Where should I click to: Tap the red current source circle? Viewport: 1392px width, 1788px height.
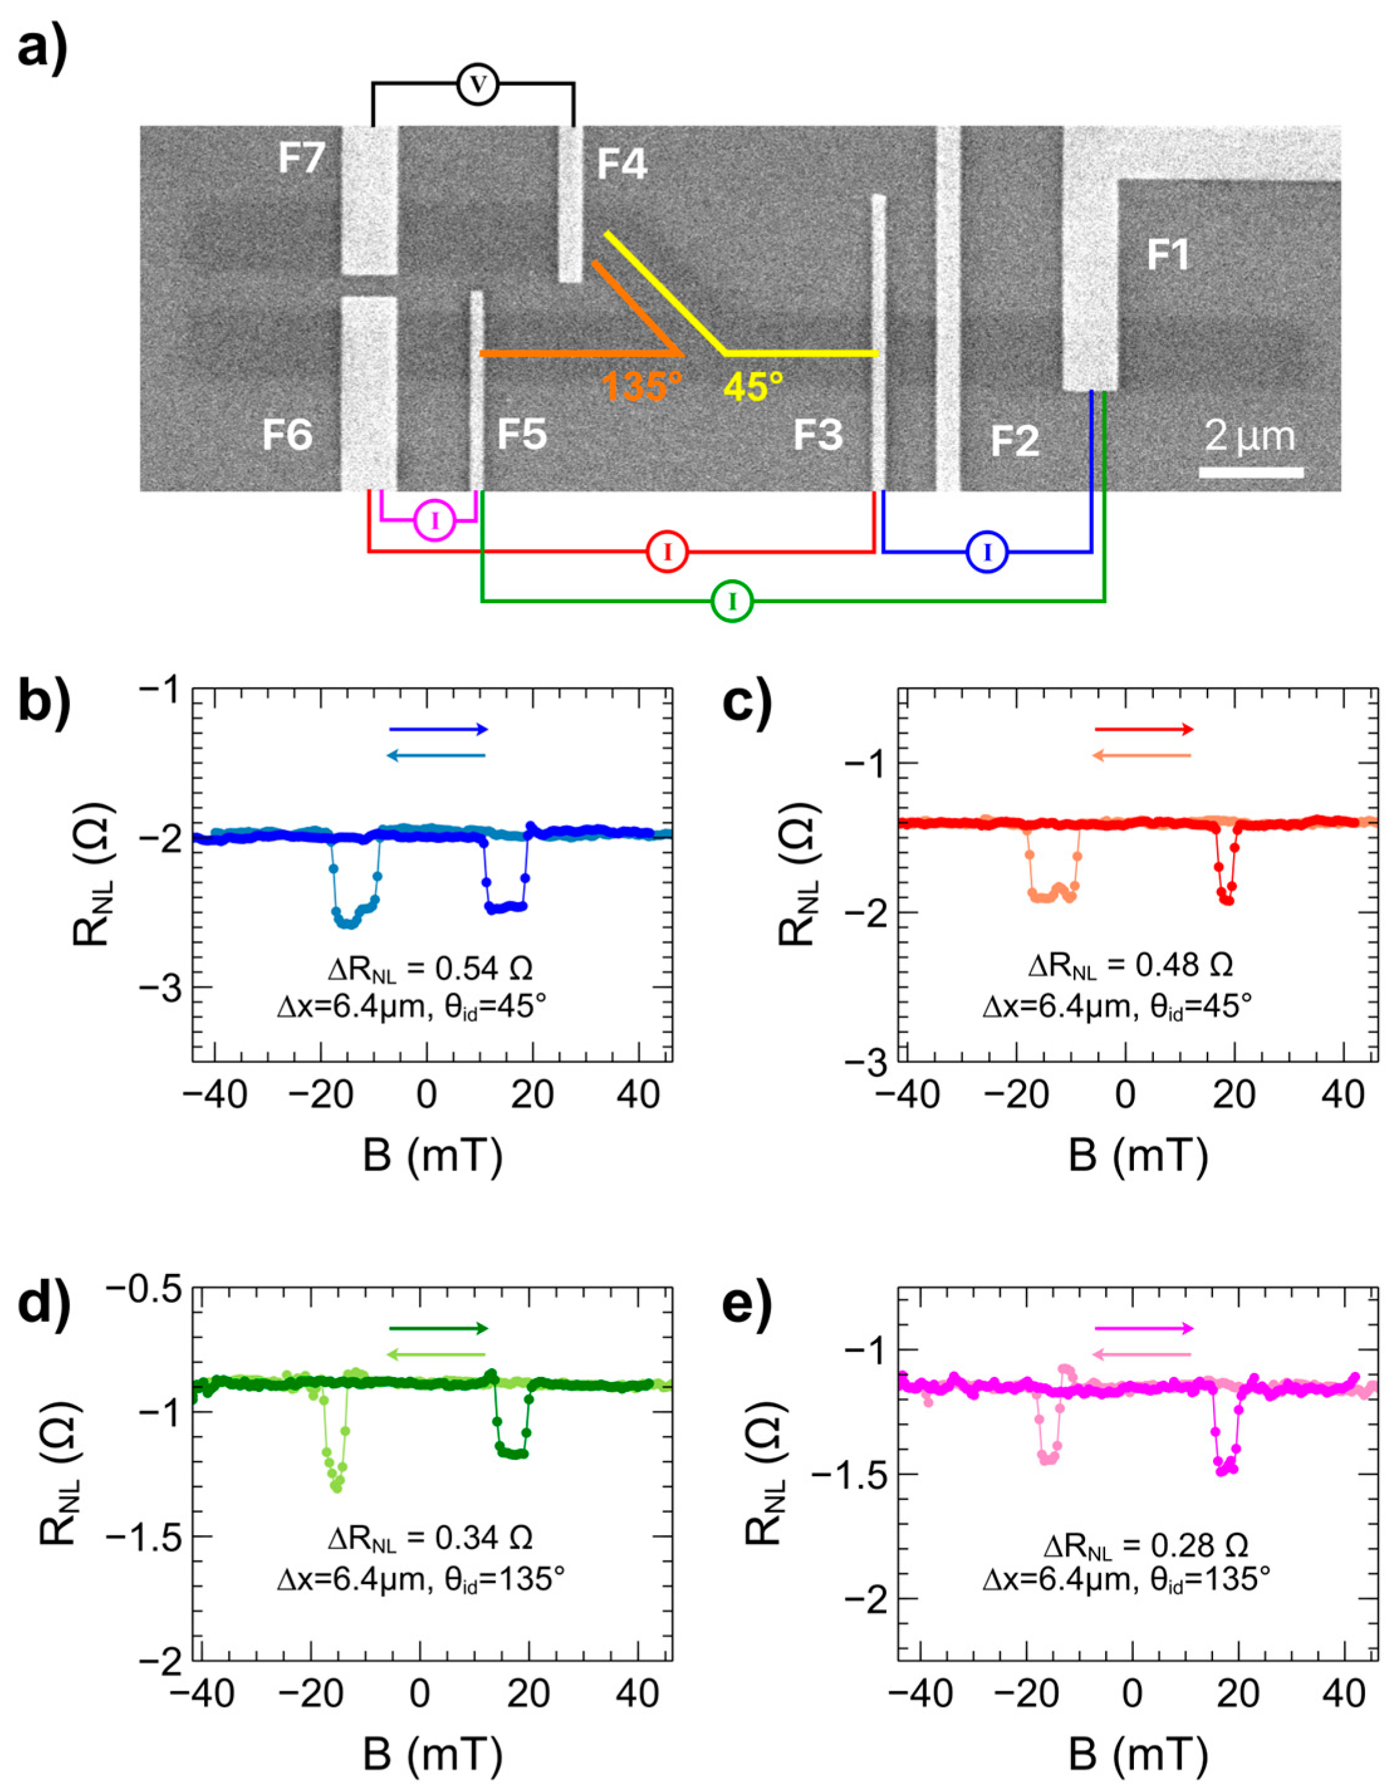pyautogui.click(x=667, y=553)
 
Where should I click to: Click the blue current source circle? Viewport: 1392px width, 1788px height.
pyautogui.click(x=986, y=553)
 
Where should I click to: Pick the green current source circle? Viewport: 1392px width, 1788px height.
pyautogui.click(x=732, y=602)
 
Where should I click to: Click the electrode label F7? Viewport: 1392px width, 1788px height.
pyautogui.click(x=301, y=158)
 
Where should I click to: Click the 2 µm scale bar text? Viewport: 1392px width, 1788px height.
pyautogui.click(x=1249, y=436)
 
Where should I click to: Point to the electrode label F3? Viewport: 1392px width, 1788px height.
pyautogui.click(x=817, y=436)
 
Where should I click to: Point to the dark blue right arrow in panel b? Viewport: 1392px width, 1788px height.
pyautogui.click(x=438, y=729)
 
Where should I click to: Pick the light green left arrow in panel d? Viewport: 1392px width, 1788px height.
pyautogui.click(x=436, y=1355)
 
